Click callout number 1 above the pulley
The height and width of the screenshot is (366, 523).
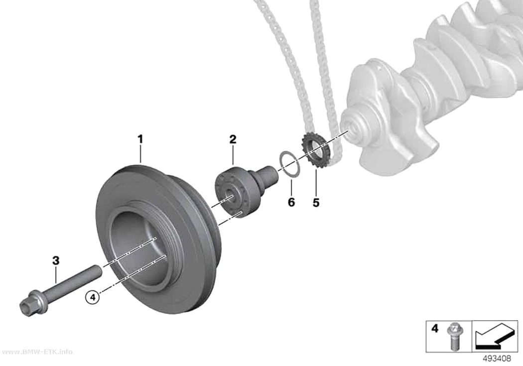[x=140, y=139]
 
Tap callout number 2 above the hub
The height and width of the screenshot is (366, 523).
[x=233, y=139]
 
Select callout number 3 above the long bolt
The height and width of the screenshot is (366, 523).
[x=56, y=260]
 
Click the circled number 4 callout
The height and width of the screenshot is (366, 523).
[x=93, y=297]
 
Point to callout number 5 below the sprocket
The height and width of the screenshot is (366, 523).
[x=316, y=202]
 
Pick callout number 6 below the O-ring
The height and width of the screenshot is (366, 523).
[x=291, y=202]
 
